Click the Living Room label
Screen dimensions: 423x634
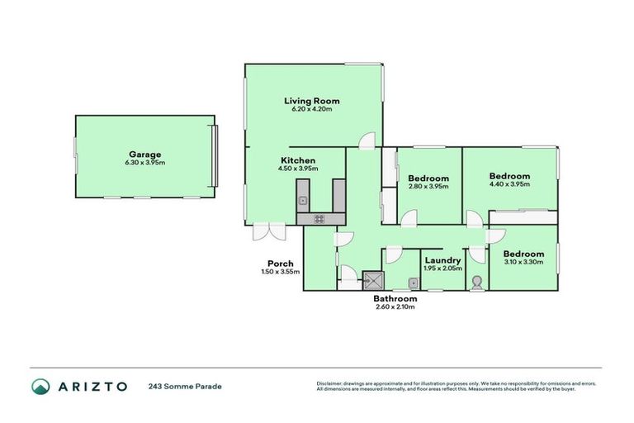tap(313, 101)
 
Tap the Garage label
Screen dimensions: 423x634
tap(144, 154)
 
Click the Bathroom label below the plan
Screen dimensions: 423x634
tap(395, 298)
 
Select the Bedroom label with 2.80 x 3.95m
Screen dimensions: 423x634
tap(428, 178)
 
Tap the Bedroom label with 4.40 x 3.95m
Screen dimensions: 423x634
tap(509, 176)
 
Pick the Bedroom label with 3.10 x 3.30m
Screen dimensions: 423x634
tap(524, 254)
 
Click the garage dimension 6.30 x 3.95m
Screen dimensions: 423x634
tap(144, 163)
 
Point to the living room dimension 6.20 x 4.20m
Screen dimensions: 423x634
tap(313, 110)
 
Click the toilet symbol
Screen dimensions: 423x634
tap(476, 283)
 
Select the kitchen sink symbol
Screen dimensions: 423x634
tap(303, 199)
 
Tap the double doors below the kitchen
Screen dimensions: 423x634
tap(269, 232)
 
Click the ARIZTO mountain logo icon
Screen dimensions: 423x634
tap(41, 386)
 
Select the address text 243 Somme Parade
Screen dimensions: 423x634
tap(186, 386)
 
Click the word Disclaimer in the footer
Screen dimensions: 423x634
tap(330, 383)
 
